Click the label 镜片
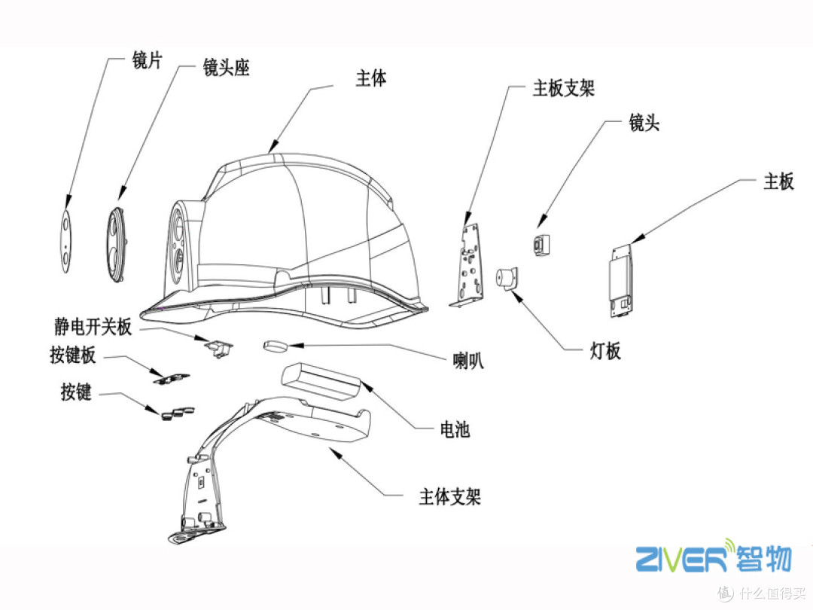click(147, 63)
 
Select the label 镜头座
click(226, 68)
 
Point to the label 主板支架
click(564, 89)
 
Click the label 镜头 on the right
click(644, 123)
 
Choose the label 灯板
click(604, 351)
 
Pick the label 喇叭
click(467, 361)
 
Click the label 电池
click(454, 430)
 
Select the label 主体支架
click(449, 497)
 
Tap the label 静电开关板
click(93, 327)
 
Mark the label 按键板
click(73, 355)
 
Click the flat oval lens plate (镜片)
click(66, 240)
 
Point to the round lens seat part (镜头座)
click(117, 246)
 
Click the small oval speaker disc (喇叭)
click(276, 346)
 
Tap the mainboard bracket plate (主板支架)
click(470, 264)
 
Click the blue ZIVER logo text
click(681, 560)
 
